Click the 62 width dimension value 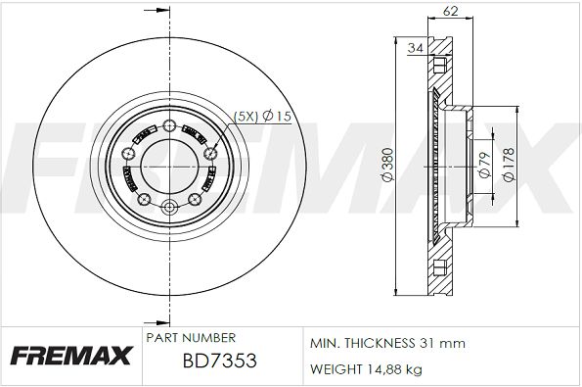[450, 11]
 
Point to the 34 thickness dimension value [416, 48]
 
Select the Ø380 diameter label [387, 165]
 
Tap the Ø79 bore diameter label [485, 165]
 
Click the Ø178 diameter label [509, 164]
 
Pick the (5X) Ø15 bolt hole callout [262, 117]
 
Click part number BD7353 [220, 361]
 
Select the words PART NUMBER [191, 338]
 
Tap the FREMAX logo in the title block [70, 356]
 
